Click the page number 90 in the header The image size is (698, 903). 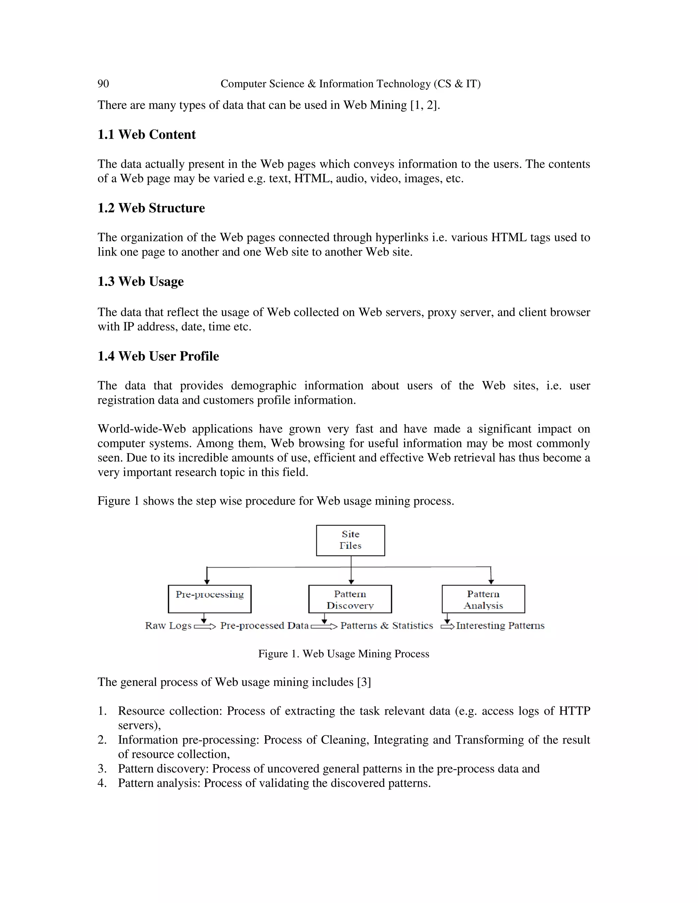(x=103, y=84)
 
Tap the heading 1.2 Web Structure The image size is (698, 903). (x=151, y=208)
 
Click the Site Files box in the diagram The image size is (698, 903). (x=350, y=540)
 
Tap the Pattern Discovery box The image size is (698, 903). (x=350, y=599)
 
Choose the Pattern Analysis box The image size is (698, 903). (x=483, y=599)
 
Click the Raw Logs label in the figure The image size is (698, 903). (x=168, y=626)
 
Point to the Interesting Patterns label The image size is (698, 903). (x=500, y=626)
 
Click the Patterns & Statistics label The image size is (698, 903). (x=386, y=626)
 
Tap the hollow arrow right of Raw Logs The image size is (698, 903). (x=205, y=627)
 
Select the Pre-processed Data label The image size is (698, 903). (x=264, y=626)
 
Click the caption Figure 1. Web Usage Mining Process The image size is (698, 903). (x=344, y=654)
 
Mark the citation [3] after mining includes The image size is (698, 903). (x=364, y=682)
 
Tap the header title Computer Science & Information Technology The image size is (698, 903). (x=350, y=84)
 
